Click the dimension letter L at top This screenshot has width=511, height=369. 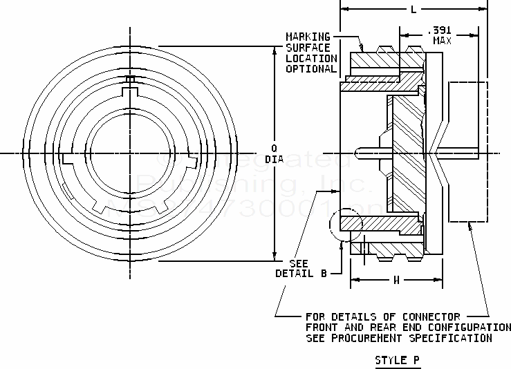point(413,10)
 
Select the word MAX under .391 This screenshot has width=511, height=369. point(443,41)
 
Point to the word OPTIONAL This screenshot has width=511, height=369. point(310,69)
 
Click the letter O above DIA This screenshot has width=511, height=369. point(275,148)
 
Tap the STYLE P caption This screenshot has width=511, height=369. point(397,360)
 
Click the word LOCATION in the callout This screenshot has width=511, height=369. point(310,58)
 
